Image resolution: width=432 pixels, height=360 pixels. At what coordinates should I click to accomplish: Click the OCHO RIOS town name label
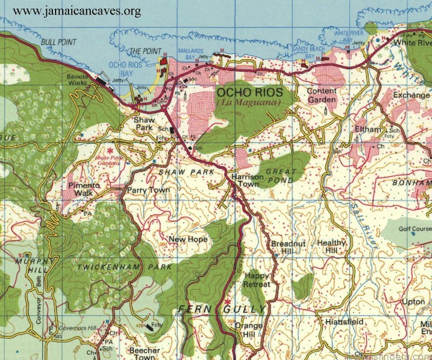[249, 93]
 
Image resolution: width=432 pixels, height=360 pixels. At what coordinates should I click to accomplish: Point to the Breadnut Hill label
[288, 248]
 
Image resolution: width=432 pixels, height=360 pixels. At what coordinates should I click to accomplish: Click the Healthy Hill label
[331, 247]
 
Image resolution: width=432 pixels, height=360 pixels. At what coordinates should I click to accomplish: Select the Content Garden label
[322, 96]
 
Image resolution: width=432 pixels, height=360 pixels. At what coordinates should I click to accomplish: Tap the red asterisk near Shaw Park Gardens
[111, 151]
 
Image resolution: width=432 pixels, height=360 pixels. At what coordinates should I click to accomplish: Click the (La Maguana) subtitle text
[249, 103]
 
